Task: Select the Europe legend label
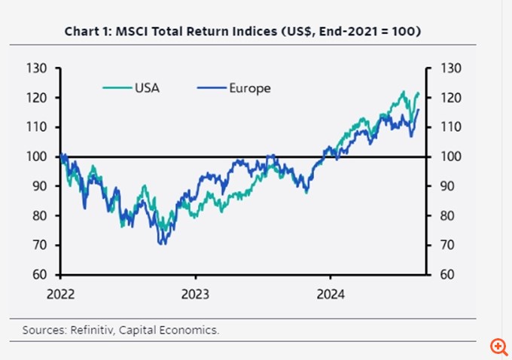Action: point(249,88)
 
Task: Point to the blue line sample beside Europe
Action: point(211,88)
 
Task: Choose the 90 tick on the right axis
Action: point(445,186)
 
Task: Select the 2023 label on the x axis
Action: point(196,294)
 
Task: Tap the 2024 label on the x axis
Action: point(330,294)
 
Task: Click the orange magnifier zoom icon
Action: point(498,346)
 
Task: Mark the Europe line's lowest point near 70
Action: point(162,243)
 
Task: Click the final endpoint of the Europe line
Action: point(419,110)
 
